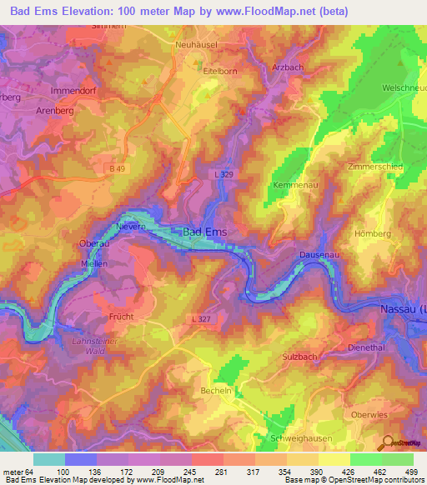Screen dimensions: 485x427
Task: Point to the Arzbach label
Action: (289, 67)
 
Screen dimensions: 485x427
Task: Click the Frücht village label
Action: (121, 317)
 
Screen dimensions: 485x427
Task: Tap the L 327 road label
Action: (199, 318)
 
